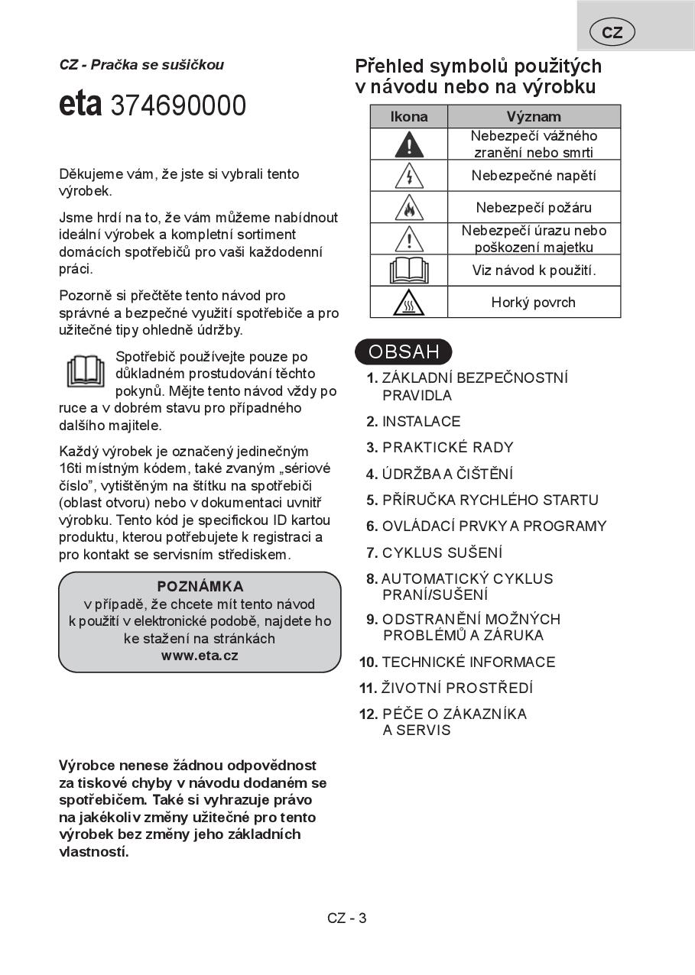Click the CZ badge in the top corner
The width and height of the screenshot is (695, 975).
pyautogui.click(x=612, y=32)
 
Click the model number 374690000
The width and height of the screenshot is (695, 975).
pyautogui.click(x=178, y=106)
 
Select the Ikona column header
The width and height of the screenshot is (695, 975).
pyautogui.click(x=409, y=117)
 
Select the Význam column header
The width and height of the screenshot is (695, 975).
pyautogui.click(x=534, y=117)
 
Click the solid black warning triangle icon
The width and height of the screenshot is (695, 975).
pyautogui.click(x=409, y=144)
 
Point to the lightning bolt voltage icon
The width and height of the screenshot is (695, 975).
pyautogui.click(x=409, y=177)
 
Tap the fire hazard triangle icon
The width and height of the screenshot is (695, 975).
pyautogui.click(x=409, y=208)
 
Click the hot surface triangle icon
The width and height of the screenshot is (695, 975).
pyautogui.click(x=409, y=303)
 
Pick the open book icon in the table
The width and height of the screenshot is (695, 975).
pyautogui.click(x=409, y=270)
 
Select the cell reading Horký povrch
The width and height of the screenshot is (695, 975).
pyautogui.click(x=534, y=303)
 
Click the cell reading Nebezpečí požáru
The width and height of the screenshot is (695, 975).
pyautogui.click(x=534, y=208)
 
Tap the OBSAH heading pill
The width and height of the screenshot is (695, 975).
pyautogui.click(x=404, y=352)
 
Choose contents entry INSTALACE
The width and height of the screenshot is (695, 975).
pyautogui.click(x=421, y=422)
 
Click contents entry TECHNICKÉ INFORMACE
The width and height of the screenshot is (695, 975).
pyautogui.click(x=468, y=662)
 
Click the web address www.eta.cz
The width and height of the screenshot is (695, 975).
pyautogui.click(x=200, y=656)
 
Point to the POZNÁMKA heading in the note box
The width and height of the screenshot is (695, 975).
pyautogui.click(x=200, y=587)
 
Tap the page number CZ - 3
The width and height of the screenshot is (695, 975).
pyautogui.click(x=347, y=918)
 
